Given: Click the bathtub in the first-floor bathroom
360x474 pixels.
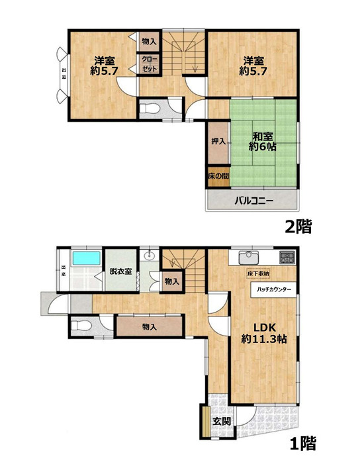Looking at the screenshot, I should [84, 258].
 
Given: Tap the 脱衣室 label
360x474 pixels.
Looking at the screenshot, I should [120, 271].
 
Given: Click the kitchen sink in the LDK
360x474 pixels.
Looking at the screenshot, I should [247, 256].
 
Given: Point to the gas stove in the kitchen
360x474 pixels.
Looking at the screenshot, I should [287, 257].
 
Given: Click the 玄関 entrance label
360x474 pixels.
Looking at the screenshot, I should [221, 421].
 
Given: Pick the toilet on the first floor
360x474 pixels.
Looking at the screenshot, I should [80, 326].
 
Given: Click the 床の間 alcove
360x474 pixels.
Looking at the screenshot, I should [216, 177].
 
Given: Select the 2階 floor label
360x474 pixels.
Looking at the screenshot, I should [298, 226].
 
